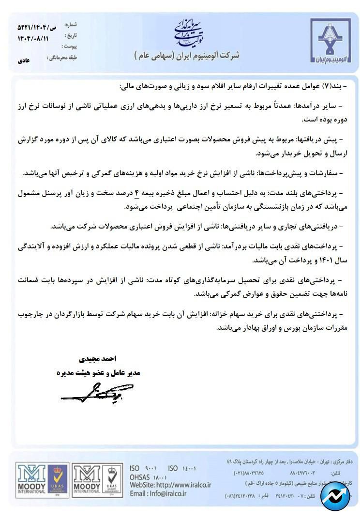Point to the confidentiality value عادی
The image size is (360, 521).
pyautogui.click(x=24, y=62)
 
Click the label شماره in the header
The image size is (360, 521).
pyautogui.click(x=70, y=25)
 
